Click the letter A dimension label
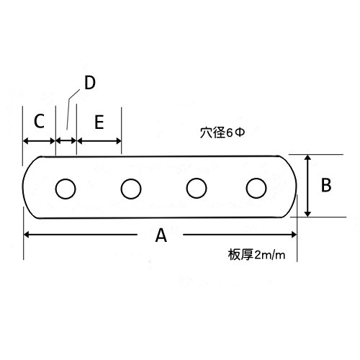click(x=161, y=235)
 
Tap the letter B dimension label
click(x=326, y=185)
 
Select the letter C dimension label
click(x=39, y=121)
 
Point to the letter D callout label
click(x=90, y=83)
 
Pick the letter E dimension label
click(x=99, y=122)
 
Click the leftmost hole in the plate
click(x=66, y=189)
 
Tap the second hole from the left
click(x=131, y=189)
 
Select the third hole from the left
click(x=197, y=188)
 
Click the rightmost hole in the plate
click(x=256, y=188)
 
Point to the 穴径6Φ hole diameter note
click(x=222, y=132)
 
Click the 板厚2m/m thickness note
click(x=256, y=255)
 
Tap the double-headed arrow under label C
click(x=39, y=141)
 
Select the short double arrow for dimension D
click(x=66, y=141)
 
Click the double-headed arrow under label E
click(x=99, y=141)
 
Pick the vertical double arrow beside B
click(x=308, y=186)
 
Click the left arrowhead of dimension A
click(x=27, y=235)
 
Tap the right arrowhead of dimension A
click(x=294, y=235)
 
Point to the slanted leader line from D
click(x=71, y=109)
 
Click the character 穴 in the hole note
click(x=206, y=132)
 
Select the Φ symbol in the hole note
click(x=240, y=132)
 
